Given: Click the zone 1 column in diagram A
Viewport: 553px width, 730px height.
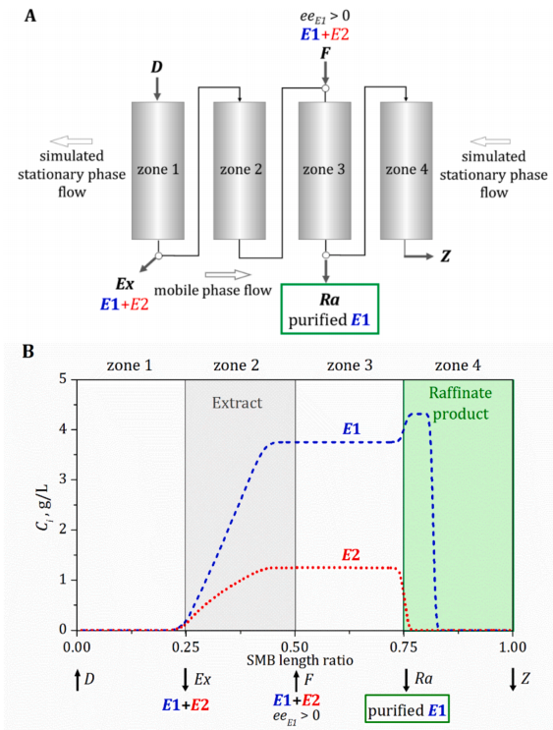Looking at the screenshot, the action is pyautogui.click(x=158, y=171).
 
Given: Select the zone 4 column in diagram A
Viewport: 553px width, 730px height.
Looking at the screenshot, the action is pyautogui.click(x=407, y=171).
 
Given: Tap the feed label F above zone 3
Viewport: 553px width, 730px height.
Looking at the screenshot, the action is pyautogui.click(x=325, y=53).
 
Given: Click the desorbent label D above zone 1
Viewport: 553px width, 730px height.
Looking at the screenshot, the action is pyautogui.click(x=157, y=67).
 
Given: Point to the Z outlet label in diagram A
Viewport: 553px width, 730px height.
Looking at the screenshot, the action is pyautogui.click(x=446, y=256).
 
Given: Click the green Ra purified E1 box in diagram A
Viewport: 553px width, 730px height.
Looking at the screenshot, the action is pyautogui.click(x=330, y=309).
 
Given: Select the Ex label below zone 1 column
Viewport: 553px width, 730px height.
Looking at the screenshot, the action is pyautogui.click(x=125, y=284).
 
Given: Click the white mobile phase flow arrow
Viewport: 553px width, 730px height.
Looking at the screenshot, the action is pyautogui.click(x=228, y=275).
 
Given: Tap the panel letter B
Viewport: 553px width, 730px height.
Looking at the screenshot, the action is pyautogui.click(x=28, y=351).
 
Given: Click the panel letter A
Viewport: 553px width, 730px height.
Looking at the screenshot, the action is pyautogui.click(x=30, y=16).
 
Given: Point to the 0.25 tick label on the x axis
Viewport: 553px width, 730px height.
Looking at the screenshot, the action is pyautogui.click(x=186, y=646).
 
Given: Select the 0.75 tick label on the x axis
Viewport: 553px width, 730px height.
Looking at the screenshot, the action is pyautogui.click(x=404, y=646).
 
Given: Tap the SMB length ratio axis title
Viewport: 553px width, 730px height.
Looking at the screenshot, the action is pyautogui.click(x=300, y=660).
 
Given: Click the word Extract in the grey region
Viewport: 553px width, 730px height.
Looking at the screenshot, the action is pyautogui.click(x=238, y=403).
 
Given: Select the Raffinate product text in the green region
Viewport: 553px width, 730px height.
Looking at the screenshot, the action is pyautogui.click(x=460, y=403).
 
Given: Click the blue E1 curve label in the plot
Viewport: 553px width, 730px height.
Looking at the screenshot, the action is pyautogui.click(x=352, y=428).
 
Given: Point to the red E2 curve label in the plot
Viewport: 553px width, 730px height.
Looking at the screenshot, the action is pyautogui.click(x=351, y=555).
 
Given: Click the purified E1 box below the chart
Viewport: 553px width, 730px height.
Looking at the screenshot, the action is pyautogui.click(x=408, y=708).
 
